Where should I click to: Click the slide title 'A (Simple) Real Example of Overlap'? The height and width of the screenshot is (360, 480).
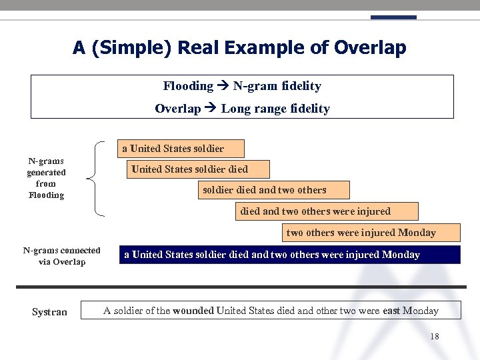pyautogui.click(x=239, y=48)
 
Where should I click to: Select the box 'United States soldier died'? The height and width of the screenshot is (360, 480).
pyautogui.click(x=197, y=169)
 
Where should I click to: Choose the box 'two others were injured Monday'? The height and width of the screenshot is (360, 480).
pyautogui.click(x=370, y=233)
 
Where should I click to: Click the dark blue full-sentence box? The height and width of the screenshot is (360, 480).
pyautogui.click(x=289, y=255)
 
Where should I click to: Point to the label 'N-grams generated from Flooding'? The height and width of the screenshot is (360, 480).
pyautogui.click(x=46, y=178)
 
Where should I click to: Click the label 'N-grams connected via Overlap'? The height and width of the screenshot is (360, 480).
pyautogui.click(x=61, y=256)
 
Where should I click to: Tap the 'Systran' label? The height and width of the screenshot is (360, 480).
pyautogui.click(x=49, y=311)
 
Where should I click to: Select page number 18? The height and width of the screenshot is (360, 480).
pyautogui.click(x=434, y=337)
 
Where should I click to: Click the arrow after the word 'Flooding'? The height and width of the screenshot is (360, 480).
pyautogui.click(x=223, y=86)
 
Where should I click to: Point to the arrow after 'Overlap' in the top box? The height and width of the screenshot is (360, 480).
pyautogui.click(x=211, y=109)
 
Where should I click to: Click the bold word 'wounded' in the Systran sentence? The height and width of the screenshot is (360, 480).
pyautogui.click(x=193, y=311)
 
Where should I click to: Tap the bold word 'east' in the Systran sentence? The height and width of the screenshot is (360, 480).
pyautogui.click(x=391, y=311)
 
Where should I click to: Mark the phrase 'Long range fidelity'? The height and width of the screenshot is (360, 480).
pyautogui.click(x=275, y=109)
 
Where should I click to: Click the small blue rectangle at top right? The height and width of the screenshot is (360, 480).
pyautogui.click(x=393, y=17)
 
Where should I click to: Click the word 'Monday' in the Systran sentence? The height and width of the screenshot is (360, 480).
pyautogui.click(x=421, y=311)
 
